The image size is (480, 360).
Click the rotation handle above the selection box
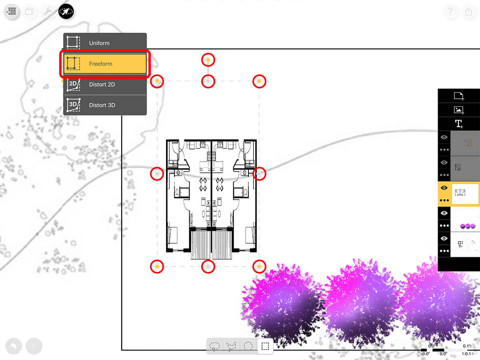208,60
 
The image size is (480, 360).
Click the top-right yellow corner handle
259,81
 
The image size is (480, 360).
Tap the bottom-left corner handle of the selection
157,266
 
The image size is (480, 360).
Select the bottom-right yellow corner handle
259,266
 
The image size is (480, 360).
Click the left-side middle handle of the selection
157,174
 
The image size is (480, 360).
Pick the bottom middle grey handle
208,266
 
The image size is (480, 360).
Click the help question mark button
450,12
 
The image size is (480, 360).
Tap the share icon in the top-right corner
469,12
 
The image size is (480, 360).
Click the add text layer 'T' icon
458,124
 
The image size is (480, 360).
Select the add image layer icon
458,110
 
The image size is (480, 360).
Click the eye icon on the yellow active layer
444,188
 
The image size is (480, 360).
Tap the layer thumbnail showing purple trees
466,220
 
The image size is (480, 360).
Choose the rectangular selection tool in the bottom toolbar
265,346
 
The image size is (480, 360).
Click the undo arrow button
14,346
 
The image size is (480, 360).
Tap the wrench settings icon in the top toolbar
48,12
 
